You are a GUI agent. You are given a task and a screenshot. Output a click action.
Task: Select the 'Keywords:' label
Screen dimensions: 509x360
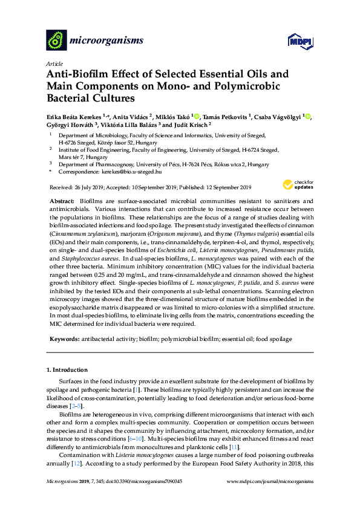64,339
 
